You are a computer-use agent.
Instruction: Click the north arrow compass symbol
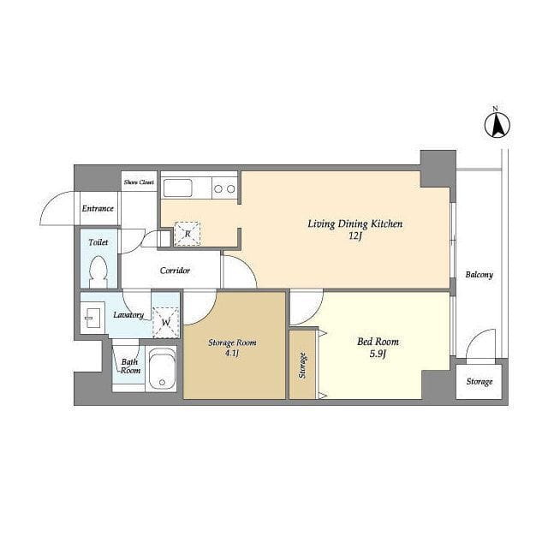(497, 124)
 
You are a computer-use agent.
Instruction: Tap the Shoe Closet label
(139, 182)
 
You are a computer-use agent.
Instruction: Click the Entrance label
(98, 209)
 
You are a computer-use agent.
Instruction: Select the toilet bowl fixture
(98, 272)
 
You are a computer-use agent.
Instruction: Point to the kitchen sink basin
(178, 188)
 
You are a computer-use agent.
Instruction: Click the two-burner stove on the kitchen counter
(224, 188)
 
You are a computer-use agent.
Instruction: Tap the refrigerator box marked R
(188, 234)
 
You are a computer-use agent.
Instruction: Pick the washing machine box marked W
(165, 322)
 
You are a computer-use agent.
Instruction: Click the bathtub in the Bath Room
(162, 368)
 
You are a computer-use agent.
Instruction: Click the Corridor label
(175, 271)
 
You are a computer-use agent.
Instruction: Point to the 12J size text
(354, 236)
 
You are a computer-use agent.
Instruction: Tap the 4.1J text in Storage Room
(232, 353)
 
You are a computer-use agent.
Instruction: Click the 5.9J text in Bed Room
(378, 354)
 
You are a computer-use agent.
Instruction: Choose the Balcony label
(479, 275)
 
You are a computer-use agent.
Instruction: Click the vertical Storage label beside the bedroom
(302, 366)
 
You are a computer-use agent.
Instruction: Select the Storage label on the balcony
(479, 382)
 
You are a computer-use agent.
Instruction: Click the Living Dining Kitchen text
(355, 224)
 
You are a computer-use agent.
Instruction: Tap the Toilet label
(98, 242)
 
